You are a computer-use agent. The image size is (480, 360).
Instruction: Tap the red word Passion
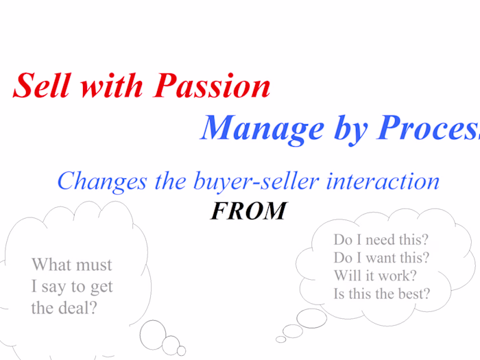click(212, 86)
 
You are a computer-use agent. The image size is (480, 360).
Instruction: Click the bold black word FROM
click(248, 211)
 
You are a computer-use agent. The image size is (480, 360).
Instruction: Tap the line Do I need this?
click(381, 240)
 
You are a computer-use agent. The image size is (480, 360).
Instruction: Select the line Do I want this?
click(381, 258)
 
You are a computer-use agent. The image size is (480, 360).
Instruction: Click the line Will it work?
click(375, 276)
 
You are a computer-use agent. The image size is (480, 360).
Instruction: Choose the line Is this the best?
click(382, 293)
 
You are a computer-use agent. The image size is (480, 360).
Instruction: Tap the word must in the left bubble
click(93, 265)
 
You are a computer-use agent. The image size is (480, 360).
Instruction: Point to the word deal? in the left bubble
click(75, 307)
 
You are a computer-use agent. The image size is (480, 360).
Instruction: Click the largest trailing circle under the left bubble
click(153, 334)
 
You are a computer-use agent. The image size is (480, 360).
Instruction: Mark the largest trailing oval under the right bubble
click(311, 317)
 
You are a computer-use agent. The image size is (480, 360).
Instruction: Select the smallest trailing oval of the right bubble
click(280, 339)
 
